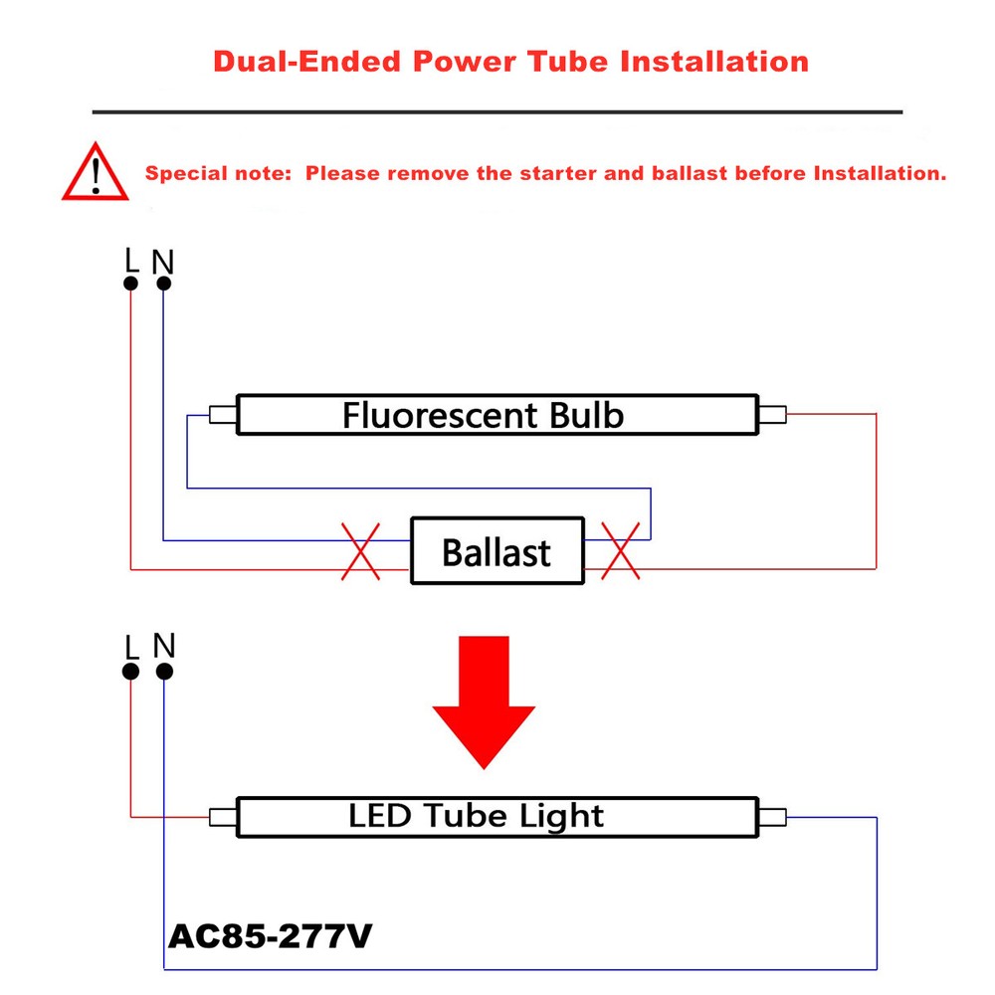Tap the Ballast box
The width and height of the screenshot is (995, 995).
497,550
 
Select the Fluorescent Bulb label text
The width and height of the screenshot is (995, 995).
483,414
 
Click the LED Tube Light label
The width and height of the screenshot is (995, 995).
476,817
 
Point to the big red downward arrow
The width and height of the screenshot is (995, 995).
483,699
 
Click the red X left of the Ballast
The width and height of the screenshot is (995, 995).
360,551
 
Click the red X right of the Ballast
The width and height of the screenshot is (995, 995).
622,551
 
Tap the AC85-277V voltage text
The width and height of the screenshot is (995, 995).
271,936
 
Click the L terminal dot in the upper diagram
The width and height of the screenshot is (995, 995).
130,284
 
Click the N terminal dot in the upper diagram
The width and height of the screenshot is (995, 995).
163,284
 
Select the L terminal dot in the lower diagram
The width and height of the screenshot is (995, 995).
130,672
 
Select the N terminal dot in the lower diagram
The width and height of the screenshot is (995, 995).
164,672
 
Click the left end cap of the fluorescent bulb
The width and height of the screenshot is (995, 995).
222,415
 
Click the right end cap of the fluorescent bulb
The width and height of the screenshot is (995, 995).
772,415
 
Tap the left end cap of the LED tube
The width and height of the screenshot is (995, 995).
222,817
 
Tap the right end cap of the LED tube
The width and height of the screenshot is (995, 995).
772,817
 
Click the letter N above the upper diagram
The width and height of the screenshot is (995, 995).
163,262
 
